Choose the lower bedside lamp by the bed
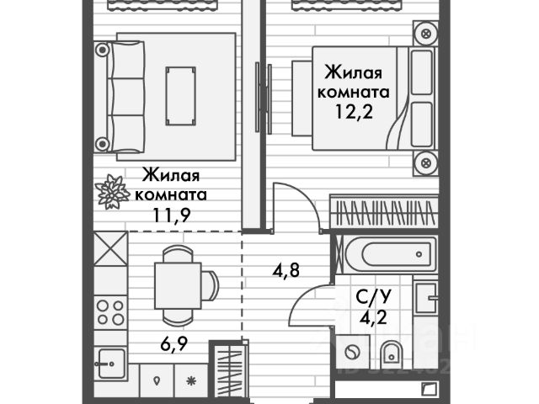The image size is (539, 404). tap(426, 160)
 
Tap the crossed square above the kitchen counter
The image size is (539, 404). tap(109, 249)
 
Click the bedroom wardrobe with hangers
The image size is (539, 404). tap(384, 211)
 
